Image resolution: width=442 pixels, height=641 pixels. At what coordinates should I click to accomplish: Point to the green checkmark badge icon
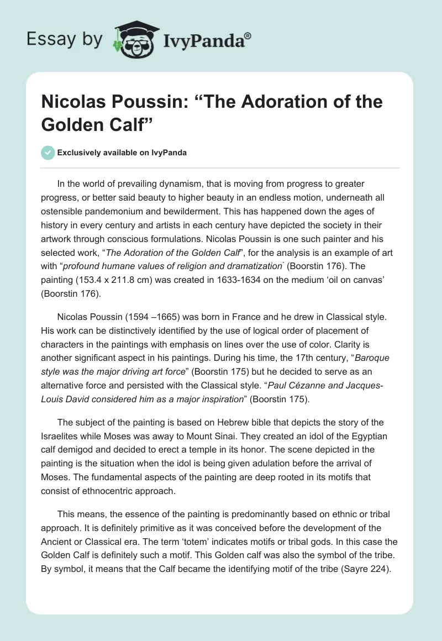coord(48,153)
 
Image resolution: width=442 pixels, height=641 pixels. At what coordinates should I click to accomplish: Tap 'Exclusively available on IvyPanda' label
coord(123,153)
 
